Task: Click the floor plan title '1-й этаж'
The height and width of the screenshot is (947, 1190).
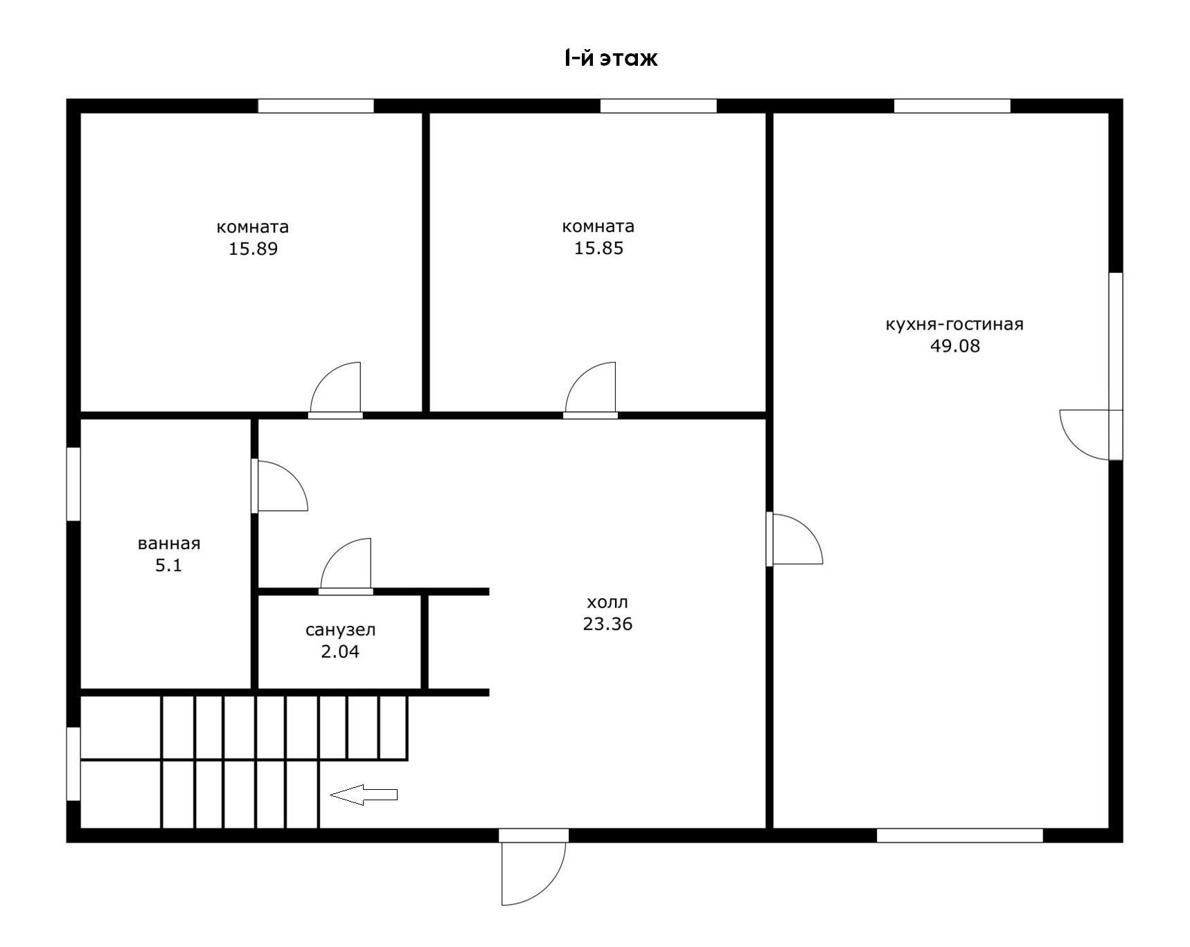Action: click(611, 58)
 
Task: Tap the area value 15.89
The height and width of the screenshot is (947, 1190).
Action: click(254, 249)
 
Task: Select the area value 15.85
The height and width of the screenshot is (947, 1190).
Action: click(598, 249)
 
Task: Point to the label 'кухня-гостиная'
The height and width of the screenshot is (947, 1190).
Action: click(954, 325)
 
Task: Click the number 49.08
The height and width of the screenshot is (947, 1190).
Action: click(955, 346)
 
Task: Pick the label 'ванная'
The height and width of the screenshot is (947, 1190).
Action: click(169, 544)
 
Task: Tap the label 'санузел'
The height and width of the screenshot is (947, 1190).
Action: click(340, 631)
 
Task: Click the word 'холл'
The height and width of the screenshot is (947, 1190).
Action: click(607, 602)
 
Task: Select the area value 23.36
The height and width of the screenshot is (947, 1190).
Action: click(607, 624)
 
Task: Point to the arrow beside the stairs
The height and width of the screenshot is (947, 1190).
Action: click(364, 795)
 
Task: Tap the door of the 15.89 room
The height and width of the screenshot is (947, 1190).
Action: click(335, 390)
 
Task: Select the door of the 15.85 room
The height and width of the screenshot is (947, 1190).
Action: click(590, 390)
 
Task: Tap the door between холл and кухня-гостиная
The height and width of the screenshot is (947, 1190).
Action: click(794, 539)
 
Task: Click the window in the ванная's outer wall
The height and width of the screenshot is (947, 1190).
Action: click(73, 484)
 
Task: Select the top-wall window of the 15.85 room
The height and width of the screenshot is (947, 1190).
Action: click(658, 106)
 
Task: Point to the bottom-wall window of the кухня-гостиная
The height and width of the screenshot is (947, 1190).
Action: click(960, 836)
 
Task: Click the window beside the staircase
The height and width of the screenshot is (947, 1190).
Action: click(73, 764)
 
